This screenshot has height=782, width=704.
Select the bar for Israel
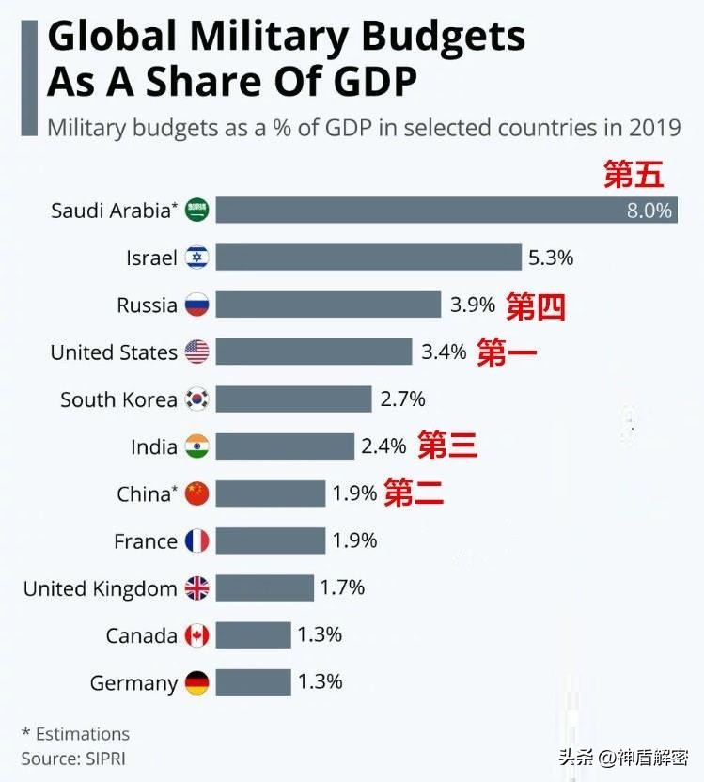tap(368, 257)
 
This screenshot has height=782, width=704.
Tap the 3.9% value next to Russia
tap(472, 305)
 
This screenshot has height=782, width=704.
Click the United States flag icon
tap(197, 352)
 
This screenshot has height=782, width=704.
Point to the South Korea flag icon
tap(197, 399)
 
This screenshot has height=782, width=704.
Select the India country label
tap(153, 447)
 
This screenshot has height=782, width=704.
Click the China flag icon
tap(197, 493)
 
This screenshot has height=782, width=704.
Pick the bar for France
tap(271, 540)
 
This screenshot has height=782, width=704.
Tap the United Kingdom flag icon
tap(197, 588)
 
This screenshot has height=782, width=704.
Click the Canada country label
tap(141, 636)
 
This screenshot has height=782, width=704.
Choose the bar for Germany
tap(253, 683)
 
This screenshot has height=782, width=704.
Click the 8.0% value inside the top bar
tap(649, 211)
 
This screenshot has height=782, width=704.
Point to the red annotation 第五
tap(634, 175)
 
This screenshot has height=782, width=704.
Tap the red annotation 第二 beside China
tap(414, 493)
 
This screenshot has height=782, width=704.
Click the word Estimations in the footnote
tap(82, 733)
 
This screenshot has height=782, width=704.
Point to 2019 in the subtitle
tap(655, 128)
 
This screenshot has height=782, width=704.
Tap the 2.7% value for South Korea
tap(402, 399)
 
